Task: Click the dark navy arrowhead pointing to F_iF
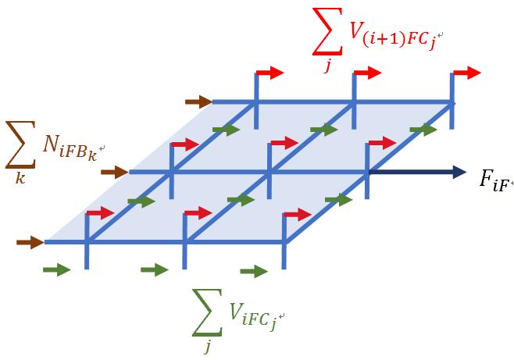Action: [459, 172]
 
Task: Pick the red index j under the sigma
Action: [327, 66]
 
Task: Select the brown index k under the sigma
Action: [20, 177]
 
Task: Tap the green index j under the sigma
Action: [208, 346]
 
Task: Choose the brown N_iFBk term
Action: [70, 151]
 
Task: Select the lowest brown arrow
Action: [30, 242]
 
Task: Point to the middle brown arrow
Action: [115, 172]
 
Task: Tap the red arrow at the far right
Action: [467, 73]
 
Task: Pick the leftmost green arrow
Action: [57, 270]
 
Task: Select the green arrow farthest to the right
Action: [423, 130]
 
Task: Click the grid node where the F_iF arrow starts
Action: [367, 172]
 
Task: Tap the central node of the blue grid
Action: [269, 171]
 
